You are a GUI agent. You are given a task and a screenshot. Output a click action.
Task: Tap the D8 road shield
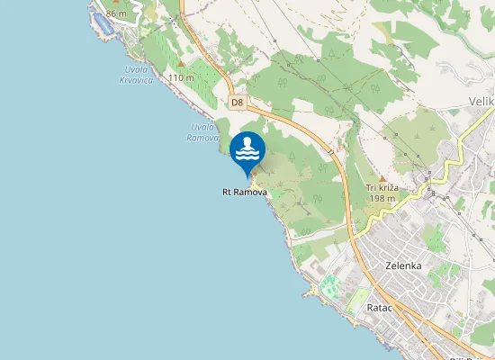point(237,103)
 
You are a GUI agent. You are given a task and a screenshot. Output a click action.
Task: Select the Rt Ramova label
point(245,193)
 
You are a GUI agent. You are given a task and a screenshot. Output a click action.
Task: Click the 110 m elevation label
point(181,78)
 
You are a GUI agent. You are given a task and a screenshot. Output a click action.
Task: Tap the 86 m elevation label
point(116,13)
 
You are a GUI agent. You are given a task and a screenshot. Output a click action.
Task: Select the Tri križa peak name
point(382,187)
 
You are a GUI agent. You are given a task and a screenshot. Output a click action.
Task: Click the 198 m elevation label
point(382,198)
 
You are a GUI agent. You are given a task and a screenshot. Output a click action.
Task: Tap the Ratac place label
point(377,308)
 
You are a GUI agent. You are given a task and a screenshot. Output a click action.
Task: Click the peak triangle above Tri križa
point(382,177)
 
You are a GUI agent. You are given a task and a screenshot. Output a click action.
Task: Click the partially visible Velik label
point(481,103)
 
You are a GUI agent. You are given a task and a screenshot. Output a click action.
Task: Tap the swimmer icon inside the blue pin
point(247,150)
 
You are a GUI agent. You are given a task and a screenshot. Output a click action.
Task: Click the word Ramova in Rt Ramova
point(251,193)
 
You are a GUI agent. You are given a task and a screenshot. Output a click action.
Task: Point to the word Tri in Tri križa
point(371,187)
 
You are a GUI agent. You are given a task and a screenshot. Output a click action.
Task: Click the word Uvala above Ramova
point(203,127)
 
